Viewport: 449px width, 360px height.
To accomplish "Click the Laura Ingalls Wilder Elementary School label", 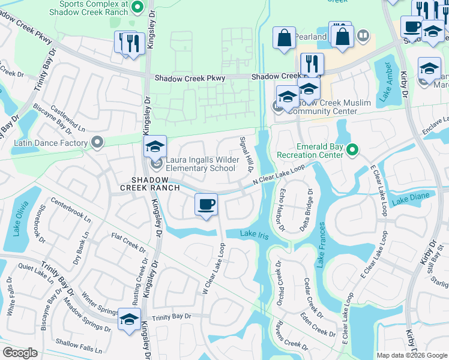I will tap(200, 164).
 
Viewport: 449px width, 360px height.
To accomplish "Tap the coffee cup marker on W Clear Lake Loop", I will tap(206, 205).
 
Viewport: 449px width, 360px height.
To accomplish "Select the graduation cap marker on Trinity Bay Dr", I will tap(129, 320).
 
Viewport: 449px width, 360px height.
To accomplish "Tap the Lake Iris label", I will tap(253, 233).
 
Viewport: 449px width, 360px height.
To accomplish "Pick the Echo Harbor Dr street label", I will tap(281, 210).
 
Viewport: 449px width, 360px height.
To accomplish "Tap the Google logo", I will tap(20, 353).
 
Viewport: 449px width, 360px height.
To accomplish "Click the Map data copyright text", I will tap(411, 355).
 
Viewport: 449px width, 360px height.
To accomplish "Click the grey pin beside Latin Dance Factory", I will tap(97, 143).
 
